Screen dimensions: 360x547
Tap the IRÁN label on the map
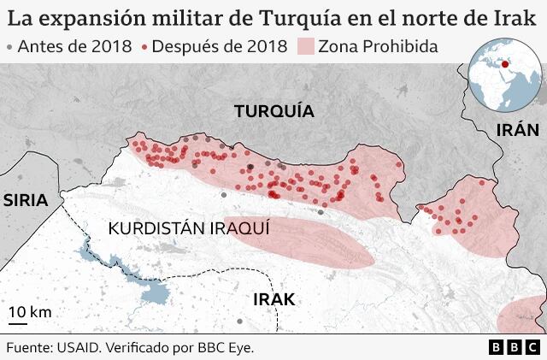point(518,130)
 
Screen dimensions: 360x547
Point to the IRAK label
point(273,299)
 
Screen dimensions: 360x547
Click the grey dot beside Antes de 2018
point(9,47)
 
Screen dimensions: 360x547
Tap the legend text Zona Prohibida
point(377,46)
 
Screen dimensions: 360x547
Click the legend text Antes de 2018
point(74,46)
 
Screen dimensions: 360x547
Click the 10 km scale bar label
point(30,312)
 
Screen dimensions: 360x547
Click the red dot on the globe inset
point(505,62)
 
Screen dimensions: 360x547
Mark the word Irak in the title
point(518,17)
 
